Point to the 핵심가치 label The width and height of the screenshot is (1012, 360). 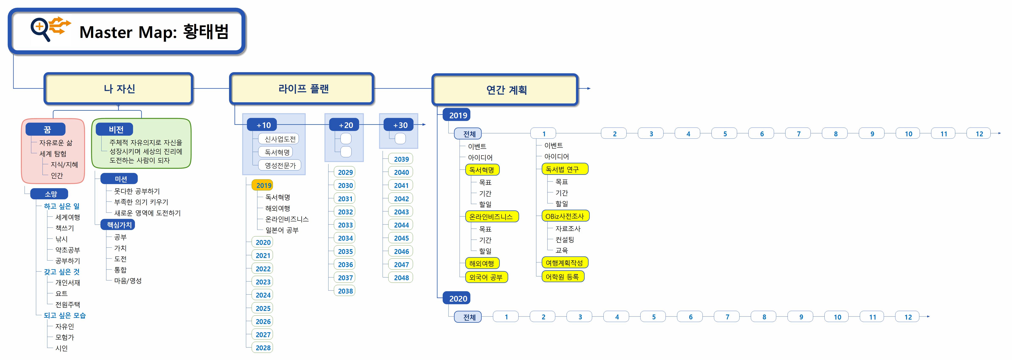click(x=118, y=225)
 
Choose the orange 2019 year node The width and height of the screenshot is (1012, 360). click(x=263, y=185)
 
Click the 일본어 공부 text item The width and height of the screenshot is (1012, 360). click(x=282, y=230)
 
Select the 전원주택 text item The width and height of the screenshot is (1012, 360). click(x=67, y=304)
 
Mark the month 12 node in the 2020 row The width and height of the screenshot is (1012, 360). click(x=908, y=317)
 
